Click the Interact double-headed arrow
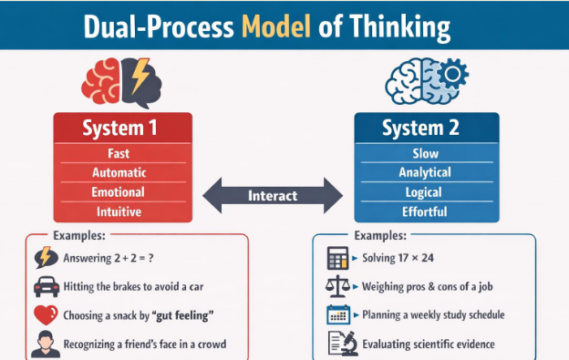tap(273, 195)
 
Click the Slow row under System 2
tap(426, 153)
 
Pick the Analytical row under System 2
tap(426, 172)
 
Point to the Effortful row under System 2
tap(426, 211)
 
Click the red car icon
tap(45, 287)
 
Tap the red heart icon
tap(45, 316)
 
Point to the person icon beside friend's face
tap(45, 345)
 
